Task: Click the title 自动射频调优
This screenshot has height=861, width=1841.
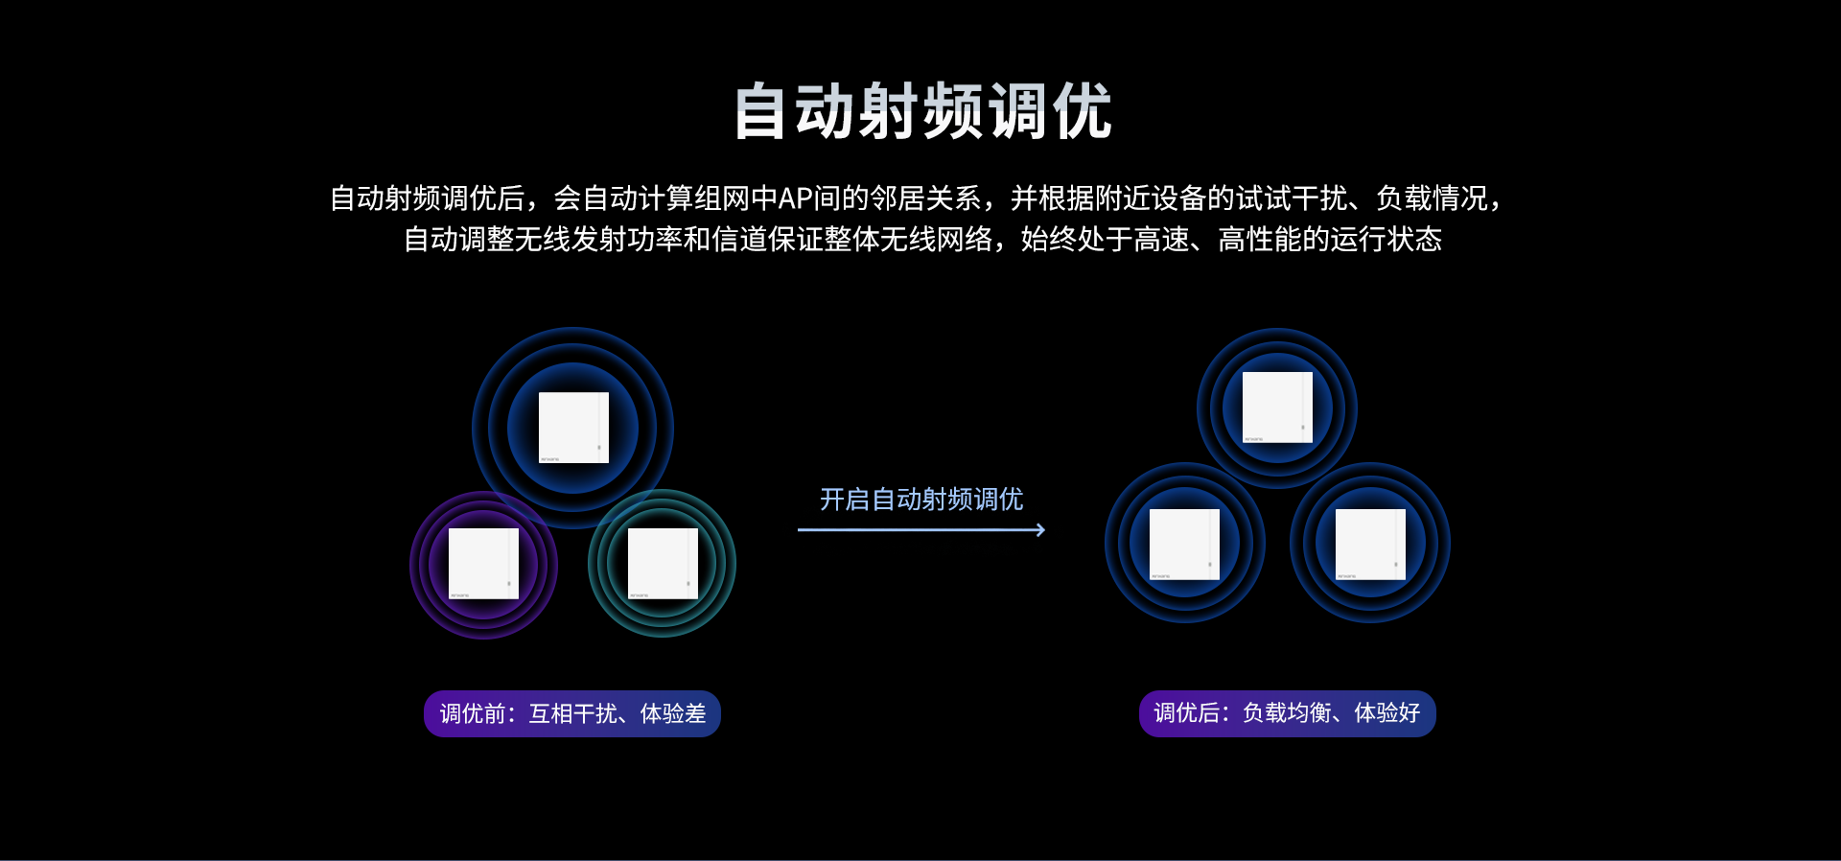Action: pyautogui.click(x=922, y=111)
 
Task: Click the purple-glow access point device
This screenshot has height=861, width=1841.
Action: pyautogui.click(x=483, y=564)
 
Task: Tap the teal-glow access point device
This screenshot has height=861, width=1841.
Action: pyautogui.click(x=663, y=564)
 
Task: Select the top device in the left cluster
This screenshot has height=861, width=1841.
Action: pyautogui.click(x=573, y=428)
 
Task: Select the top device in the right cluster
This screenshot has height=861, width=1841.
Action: pyautogui.click(x=1277, y=407)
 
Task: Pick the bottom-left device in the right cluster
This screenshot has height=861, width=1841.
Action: pyautogui.click(x=1184, y=545)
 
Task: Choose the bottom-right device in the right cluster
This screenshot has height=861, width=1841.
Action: pyautogui.click(x=1370, y=545)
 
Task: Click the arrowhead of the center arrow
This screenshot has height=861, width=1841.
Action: pyautogui.click(x=1040, y=529)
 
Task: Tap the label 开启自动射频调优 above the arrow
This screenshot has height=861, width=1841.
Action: pyautogui.click(x=921, y=500)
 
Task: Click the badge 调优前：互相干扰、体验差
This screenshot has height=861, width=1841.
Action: pyautogui.click(x=572, y=713)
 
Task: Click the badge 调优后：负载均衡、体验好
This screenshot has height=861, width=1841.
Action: pyautogui.click(x=1287, y=713)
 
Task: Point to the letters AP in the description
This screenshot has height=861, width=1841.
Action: pyautogui.click(x=796, y=198)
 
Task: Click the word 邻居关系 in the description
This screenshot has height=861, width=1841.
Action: pyautogui.click(x=925, y=198)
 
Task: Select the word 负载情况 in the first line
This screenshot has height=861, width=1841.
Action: pyautogui.click(x=1432, y=198)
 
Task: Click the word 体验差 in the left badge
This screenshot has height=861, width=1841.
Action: pyautogui.click(x=673, y=713)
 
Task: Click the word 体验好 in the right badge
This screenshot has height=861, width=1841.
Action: pyautogui.click(x=1387, y=713)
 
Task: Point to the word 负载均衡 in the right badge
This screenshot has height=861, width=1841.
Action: pyautogui.click(x=1287, y=713)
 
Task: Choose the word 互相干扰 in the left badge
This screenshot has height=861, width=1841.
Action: pyautogui.click(x=573, y=713)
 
